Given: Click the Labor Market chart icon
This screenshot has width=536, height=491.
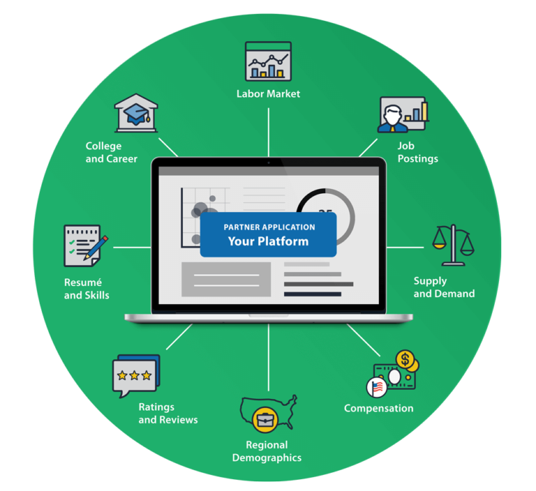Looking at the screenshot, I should pyautogui.click(x=268, y=61).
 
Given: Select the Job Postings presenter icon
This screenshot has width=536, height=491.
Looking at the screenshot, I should pyautogui.click(x=403, y=114).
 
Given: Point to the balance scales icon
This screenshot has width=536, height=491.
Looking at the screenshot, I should pyautogui.click(x=452, y=245).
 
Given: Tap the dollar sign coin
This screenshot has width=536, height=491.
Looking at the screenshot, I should pyautogui.click(x=404, y=360).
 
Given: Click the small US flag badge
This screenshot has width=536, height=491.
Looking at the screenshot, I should pyautogui.click(x=376, y=387).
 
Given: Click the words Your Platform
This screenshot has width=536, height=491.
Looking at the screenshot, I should pyautogui.click(x=268, y=241).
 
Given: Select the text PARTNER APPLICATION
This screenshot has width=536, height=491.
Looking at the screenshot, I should pyautogui.click(x=269, y=227).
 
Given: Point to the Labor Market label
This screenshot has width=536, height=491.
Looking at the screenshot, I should pyautogui.click(x=268, y=93).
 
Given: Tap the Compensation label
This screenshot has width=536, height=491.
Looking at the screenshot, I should pyautogui.click(x=378, y=408).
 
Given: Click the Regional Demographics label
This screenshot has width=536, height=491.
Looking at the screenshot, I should pyautogui.click(x=267, y=451).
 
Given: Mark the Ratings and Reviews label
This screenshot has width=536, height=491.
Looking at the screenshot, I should pyautogui.click(x=167, y=414).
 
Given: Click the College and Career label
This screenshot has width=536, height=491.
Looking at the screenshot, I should pyautogui.click(x=112, y=152).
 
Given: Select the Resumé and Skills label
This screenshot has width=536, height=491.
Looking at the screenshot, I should pyautogui.click(x=87, y=289).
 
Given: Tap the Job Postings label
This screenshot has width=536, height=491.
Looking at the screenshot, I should pyautogui.click(x=417, y=152).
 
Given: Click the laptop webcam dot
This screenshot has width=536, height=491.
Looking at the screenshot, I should pyautogui.click(x=269, y=162).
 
